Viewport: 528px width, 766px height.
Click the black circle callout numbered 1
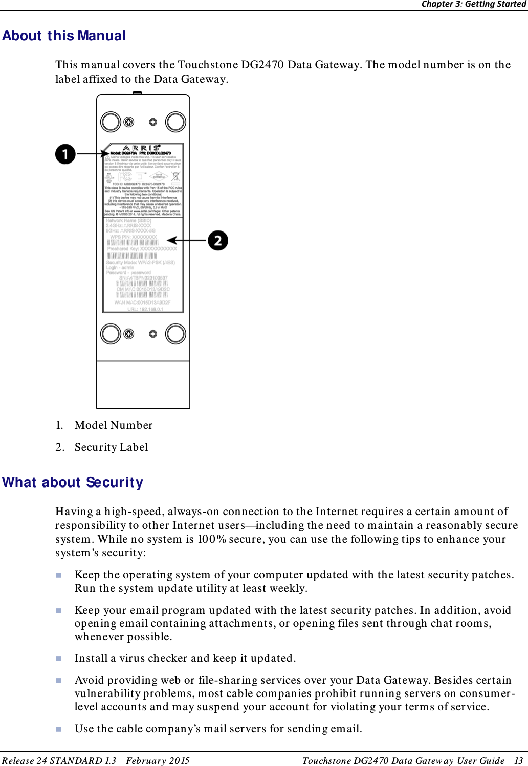65,154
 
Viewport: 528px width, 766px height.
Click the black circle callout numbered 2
218,240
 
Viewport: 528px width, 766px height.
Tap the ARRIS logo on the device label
141,148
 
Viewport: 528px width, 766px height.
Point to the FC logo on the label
125,177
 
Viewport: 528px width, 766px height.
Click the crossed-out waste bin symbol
175,177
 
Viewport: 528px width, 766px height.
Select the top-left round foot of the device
111,122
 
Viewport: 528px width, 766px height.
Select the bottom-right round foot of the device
175,334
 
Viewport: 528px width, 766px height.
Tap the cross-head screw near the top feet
129,122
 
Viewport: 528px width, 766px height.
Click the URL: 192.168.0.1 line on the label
145,309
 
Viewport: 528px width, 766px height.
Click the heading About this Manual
64,36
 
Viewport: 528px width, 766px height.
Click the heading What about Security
73,482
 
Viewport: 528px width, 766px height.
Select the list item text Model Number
114,425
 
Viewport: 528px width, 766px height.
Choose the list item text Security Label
111,447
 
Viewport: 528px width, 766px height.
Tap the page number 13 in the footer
518,760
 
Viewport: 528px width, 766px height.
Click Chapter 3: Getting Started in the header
473,4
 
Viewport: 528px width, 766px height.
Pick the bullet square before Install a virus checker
59,659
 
